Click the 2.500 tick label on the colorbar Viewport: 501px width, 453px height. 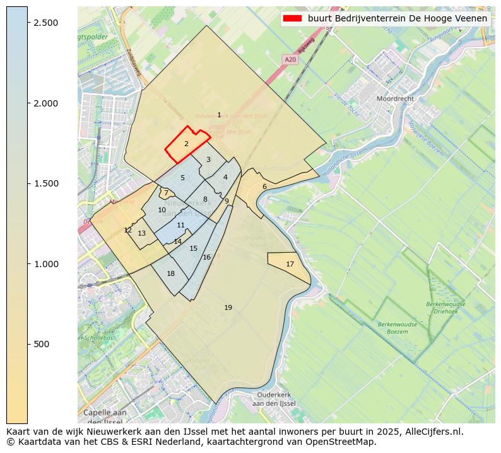45,23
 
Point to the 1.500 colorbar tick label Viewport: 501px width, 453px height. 45,183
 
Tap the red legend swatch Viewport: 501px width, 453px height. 293,18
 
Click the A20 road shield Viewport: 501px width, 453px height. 290,59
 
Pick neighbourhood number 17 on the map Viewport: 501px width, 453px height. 290,264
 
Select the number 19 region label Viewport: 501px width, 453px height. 228,307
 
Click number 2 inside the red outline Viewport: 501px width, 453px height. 186,144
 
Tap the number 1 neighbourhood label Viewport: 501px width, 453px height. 219,115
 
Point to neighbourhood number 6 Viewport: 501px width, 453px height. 264,186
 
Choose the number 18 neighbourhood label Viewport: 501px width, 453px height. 170,273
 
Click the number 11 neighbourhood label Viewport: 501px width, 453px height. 181,225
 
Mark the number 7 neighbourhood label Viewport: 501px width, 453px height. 166,193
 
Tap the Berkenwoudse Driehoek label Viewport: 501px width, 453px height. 445,307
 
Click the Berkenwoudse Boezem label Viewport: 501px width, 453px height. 393,328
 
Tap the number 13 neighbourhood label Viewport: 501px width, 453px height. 142,233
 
